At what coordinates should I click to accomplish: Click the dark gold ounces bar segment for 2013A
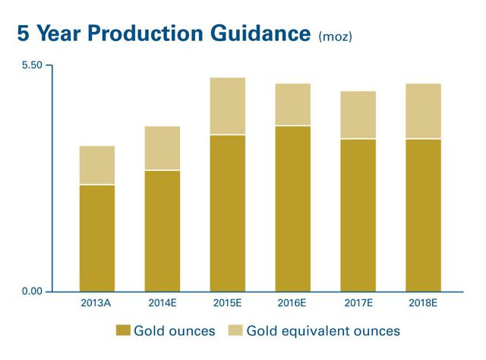coord(97,238)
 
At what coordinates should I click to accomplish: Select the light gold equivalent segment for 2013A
coord(97,165)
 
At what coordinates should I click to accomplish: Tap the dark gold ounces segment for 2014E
coord(162,231)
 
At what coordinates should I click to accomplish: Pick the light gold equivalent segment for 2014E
coord(162,148)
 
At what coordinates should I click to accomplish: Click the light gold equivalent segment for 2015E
coord(227,106)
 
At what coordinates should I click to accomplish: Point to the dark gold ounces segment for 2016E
coord(292,208)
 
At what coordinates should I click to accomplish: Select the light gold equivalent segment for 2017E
coord(358,115)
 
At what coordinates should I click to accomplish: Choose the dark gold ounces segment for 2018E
coord(423,215)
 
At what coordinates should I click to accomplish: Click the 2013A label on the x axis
coord(96,303)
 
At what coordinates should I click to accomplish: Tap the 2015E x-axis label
coord(227,303)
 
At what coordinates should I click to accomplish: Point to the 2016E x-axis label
coord(292,303)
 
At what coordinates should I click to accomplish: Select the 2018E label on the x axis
coord(423,303)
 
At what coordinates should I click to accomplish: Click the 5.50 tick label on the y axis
coord(31,66)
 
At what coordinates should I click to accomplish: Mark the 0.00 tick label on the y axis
coord(31,292)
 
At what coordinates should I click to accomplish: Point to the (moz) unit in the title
coord(335,36)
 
